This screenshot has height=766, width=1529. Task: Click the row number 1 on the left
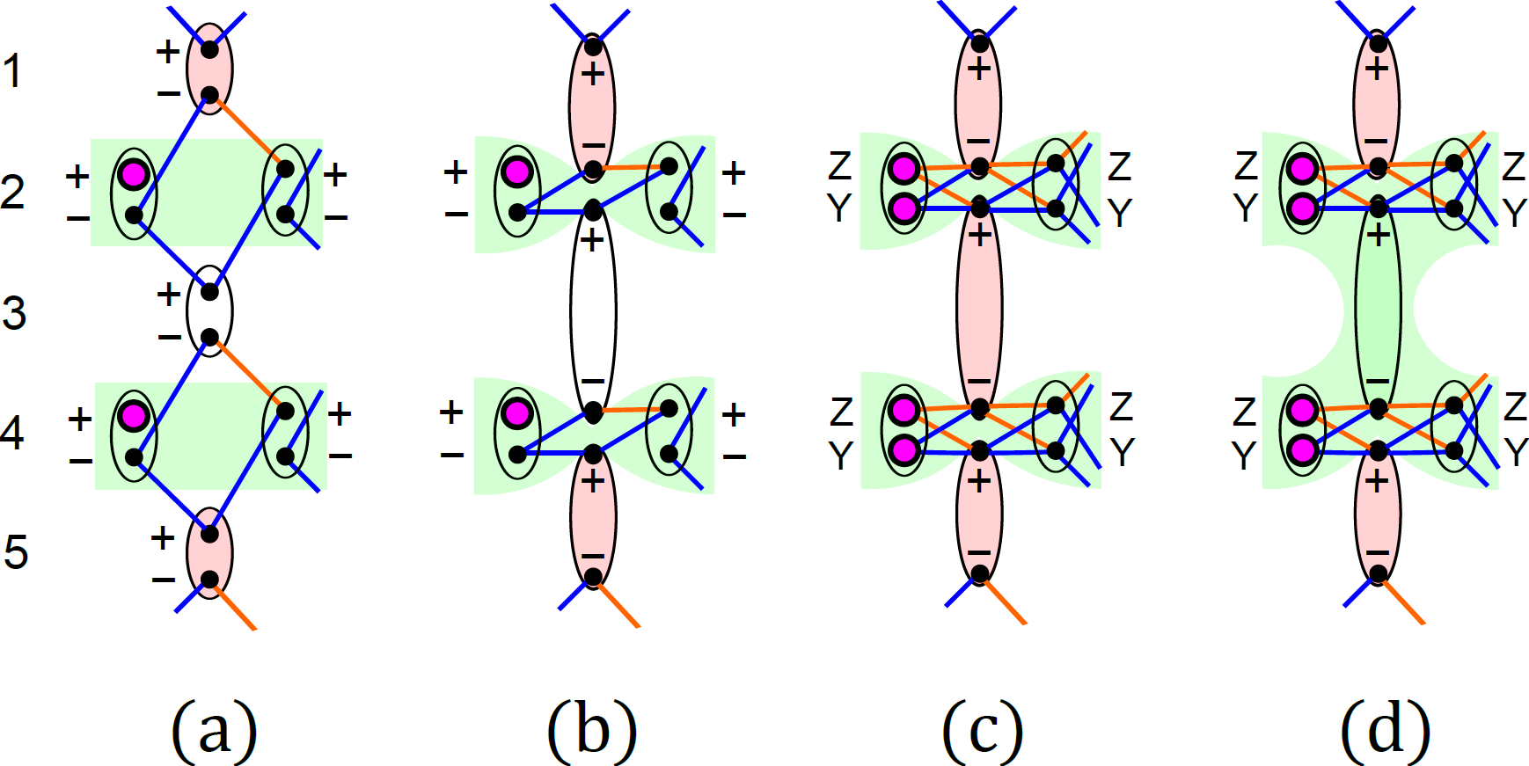(11, 71)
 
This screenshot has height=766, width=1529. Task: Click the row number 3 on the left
(13, 313)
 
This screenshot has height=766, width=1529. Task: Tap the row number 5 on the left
(15, 552)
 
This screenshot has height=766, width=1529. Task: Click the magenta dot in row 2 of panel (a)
(133, 174)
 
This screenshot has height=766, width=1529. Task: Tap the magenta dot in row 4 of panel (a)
(133, 415)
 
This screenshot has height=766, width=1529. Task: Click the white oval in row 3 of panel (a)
(209, 313)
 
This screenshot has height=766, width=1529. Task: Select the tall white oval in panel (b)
(593, 312)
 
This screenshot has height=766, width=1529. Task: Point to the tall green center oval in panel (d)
(1378, 308)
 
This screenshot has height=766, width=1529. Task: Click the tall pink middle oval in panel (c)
(979, 308)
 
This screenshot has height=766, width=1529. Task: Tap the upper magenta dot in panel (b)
(516, 171)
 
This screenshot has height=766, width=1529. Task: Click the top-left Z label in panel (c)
(840, 165)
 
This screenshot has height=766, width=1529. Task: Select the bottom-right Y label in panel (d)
(1515, 453)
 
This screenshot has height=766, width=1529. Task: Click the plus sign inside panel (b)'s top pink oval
(593, 73)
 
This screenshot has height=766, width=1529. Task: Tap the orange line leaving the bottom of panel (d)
(1403, 602)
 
